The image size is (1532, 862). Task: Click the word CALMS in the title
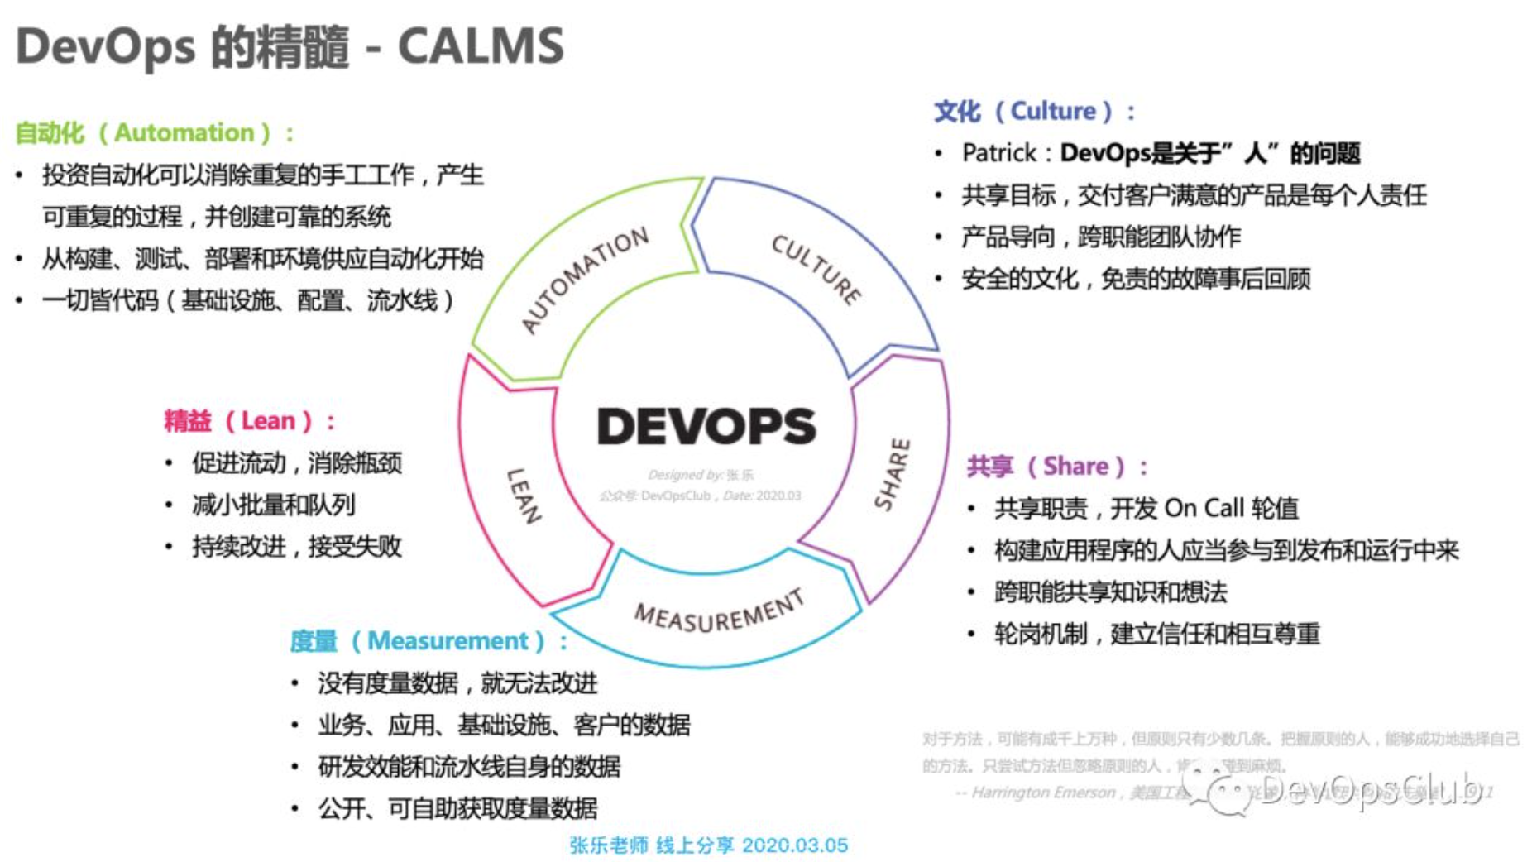coord(481,45)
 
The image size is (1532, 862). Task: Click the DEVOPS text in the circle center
coord(706,426)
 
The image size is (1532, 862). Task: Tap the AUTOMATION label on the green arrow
coord(585,279)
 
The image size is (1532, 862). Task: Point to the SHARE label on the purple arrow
coord(893,474)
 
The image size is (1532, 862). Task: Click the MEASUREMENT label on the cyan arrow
coord(719,611)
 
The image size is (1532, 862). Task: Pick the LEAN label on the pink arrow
coord(524,496)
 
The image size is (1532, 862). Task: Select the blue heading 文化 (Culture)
coord(1035,111)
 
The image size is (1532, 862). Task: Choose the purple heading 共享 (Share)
coord(1056,467)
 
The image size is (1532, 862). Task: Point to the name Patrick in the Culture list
coord(998,153)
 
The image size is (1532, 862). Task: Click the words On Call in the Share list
coord(1204,508)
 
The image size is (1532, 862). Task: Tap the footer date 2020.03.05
coord(795,845)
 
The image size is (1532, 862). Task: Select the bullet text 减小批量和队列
coord(274,505)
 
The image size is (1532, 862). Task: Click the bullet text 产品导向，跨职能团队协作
coord(1101,237)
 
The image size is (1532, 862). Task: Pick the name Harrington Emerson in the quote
coord(1043,793)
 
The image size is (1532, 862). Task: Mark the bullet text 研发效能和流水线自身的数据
coord(469,767)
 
